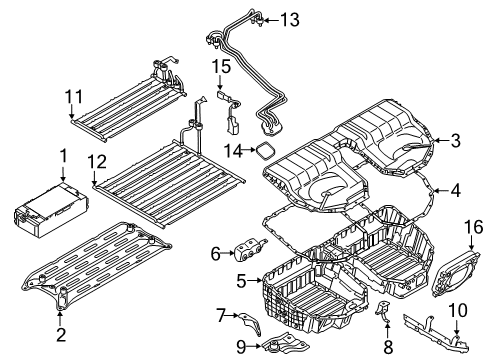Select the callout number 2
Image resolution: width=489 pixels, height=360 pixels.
(62, 335)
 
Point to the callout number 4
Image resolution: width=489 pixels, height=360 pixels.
(457, 189)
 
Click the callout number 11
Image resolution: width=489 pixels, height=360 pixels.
(70, 96)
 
